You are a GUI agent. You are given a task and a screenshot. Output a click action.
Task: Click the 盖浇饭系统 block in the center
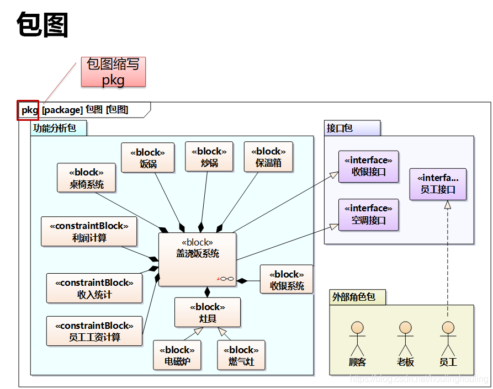197,259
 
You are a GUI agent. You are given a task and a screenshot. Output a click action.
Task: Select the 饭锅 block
147,157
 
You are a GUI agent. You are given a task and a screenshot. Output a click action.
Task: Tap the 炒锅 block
209,157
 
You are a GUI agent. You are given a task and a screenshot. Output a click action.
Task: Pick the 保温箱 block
269,157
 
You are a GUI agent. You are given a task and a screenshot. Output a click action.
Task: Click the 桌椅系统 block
86,178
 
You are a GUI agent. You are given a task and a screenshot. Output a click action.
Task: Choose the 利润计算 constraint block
89,231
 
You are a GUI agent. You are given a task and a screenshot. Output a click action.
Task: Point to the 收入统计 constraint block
94,288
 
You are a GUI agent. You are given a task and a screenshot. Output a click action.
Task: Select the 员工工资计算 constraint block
94,331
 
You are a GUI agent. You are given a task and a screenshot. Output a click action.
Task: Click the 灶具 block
208,312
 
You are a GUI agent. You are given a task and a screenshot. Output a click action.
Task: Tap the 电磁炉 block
177,355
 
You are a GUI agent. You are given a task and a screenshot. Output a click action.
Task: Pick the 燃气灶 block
241,355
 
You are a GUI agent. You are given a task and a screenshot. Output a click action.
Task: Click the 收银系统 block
287,280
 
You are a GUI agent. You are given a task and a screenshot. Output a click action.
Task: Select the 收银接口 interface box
368,166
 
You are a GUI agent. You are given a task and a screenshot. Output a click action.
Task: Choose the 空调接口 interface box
368,214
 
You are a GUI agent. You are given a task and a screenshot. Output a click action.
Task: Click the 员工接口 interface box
438,184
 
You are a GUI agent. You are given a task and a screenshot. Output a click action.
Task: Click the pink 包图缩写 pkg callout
113,72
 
